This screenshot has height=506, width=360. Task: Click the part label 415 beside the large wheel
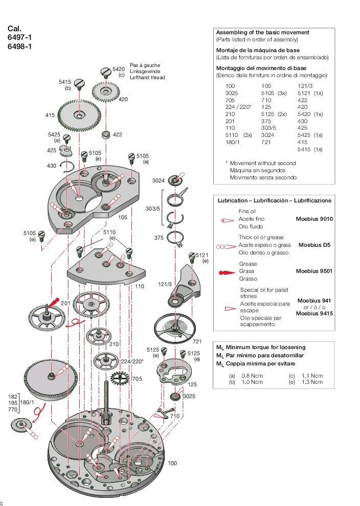(50, 116)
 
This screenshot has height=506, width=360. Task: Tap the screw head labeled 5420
(106, 72)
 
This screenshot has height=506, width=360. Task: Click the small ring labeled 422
(106, 134)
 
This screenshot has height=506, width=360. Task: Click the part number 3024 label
(158, 180)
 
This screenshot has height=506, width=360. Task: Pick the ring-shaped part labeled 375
(176, 238)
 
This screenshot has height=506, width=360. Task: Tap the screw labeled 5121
(192, 256)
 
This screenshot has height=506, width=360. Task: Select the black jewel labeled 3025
(175, 396)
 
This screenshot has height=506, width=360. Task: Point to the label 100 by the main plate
(172, 463)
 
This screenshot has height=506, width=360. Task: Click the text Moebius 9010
(314, 219)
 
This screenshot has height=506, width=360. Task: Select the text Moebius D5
(314, 245)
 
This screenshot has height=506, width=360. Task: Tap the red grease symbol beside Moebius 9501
(227, 272)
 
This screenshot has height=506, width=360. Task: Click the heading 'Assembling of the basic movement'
(262, 32)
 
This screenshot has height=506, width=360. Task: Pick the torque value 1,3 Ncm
(312, 382)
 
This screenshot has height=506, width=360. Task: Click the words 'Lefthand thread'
(147, 78)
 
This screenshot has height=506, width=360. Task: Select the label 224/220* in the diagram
(132, 361)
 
